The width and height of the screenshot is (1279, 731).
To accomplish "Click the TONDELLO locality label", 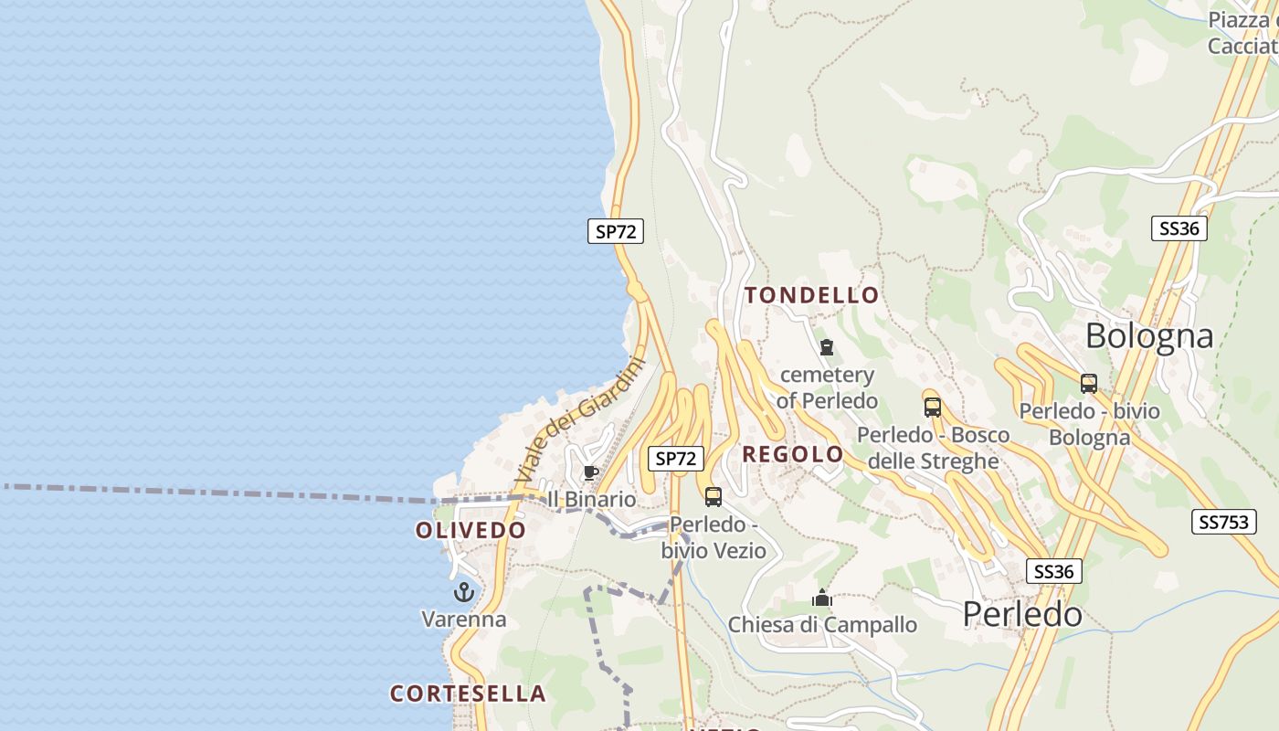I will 811,295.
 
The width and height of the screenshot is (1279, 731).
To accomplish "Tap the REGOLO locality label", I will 793,454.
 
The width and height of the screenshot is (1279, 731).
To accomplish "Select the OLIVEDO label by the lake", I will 470,530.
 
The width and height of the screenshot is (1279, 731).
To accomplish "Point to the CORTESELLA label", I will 468,694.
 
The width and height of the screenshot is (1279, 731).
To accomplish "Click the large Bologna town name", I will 1149,336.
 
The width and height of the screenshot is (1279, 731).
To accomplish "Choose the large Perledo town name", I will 1022,614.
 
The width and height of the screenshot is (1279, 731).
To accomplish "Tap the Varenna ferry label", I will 463,620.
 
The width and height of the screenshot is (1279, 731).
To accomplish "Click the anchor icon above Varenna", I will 464,592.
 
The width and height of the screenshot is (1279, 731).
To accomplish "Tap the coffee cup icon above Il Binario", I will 590,472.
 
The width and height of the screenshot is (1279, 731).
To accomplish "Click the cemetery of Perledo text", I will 827,387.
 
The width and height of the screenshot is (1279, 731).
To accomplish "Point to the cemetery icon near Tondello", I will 827,347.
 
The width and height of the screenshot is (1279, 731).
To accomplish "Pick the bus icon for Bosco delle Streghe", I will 932,408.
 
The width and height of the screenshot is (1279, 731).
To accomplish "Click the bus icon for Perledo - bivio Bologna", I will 1088,384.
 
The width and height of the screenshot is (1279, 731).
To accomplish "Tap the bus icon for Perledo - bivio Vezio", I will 713,497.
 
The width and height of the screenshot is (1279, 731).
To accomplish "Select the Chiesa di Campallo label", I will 822,625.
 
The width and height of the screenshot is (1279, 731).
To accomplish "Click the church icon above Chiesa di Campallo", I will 822,599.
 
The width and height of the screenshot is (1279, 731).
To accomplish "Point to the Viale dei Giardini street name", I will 579,420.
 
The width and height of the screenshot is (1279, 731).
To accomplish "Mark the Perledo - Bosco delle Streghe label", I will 933,448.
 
